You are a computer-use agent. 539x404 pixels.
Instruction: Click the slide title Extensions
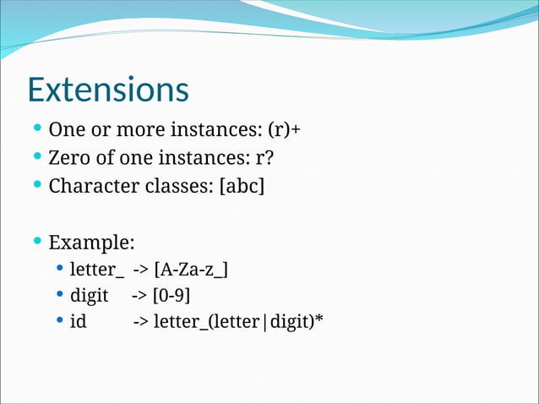click(108, 90)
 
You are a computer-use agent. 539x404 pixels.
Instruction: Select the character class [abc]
click(242, 185)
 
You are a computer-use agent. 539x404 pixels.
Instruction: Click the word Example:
click(91, 243)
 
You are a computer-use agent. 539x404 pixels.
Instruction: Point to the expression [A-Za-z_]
click(191, 270)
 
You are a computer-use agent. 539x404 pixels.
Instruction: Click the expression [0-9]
click(172, 296)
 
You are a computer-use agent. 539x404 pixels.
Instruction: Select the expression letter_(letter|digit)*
click(239, 322)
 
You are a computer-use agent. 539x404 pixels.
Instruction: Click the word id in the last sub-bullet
click(78, 322)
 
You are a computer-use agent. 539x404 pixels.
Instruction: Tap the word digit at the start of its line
click(89, 296)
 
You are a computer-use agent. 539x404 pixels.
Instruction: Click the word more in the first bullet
click(122, 131)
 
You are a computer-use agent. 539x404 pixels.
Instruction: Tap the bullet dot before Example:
click(37, 242)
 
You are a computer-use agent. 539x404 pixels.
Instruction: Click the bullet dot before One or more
click(37, 130)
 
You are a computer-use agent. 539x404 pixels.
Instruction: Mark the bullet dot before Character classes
click(37, 184)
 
